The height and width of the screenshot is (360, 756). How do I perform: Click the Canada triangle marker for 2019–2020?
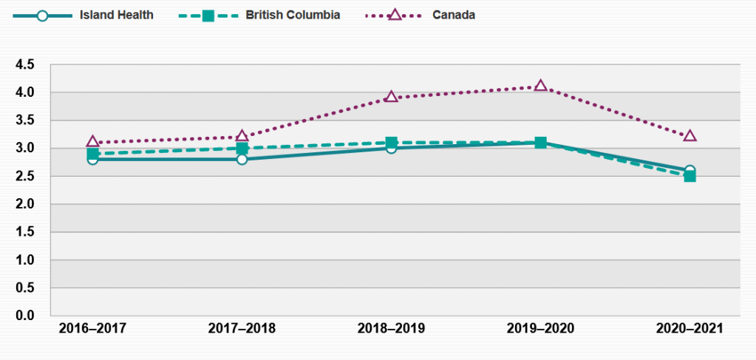[x=541, y=86]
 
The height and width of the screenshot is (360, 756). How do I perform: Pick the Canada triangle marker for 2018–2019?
[x=391, y=97]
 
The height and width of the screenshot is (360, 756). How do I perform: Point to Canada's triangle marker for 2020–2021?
[x=689, y=136]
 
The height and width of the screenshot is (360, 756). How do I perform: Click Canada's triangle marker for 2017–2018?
[x=242, y=136]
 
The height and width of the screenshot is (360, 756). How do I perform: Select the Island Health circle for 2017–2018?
[x=242, y=159]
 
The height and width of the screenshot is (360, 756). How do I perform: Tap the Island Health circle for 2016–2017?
[x=92, y=159]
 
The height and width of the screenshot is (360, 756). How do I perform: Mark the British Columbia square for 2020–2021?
[x=689, y=176]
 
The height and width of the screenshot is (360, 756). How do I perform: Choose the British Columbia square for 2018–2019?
[x=391, y=142]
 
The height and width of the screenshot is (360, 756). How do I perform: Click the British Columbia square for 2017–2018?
[x=242, y=148]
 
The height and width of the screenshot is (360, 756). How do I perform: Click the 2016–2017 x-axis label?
[x=92, y=328]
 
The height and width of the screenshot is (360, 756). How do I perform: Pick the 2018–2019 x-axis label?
[x=391, y=328]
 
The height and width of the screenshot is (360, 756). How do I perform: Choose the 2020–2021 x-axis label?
[x=689, y=328]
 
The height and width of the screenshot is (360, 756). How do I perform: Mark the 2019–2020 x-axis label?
[x=540, y=328]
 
